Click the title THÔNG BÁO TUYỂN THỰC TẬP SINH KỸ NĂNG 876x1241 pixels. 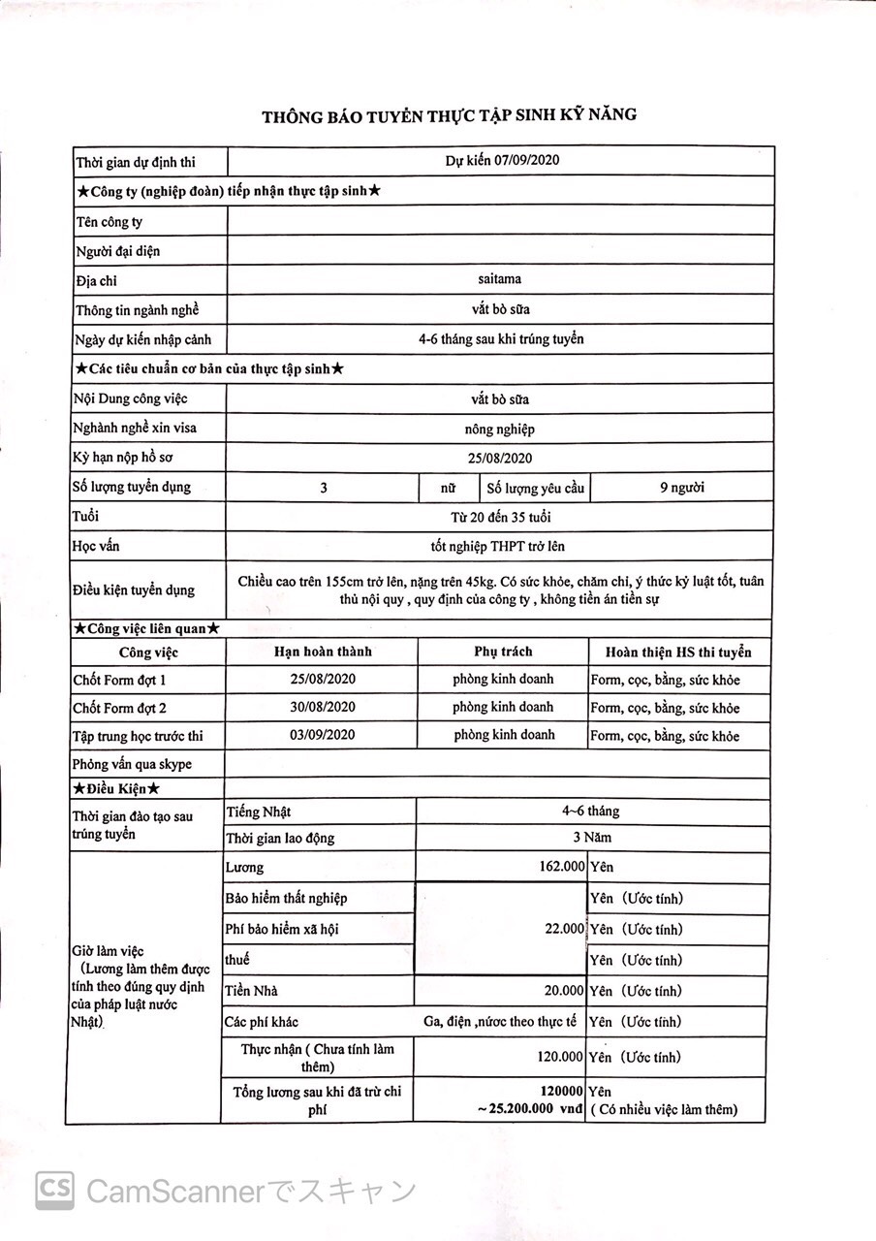click(449, 116)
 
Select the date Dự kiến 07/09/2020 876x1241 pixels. click(503, 161)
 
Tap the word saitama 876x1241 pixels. click(499, 279)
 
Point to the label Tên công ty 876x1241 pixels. click(109, 222)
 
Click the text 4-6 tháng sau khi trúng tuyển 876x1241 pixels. click(501, 339)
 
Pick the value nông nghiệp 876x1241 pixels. click(499, 429)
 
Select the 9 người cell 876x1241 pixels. click(680, 487)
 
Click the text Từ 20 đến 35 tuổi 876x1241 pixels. click(500, 517)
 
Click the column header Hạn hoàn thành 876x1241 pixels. click(323, 652)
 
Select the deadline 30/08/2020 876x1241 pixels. click(323, 707)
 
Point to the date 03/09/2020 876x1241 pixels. click(323, 735)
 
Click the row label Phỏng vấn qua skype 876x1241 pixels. click(132, 764)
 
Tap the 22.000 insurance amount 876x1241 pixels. click(564, 929)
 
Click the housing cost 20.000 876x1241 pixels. click(564, 991)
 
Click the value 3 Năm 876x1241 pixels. click(591, 838)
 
